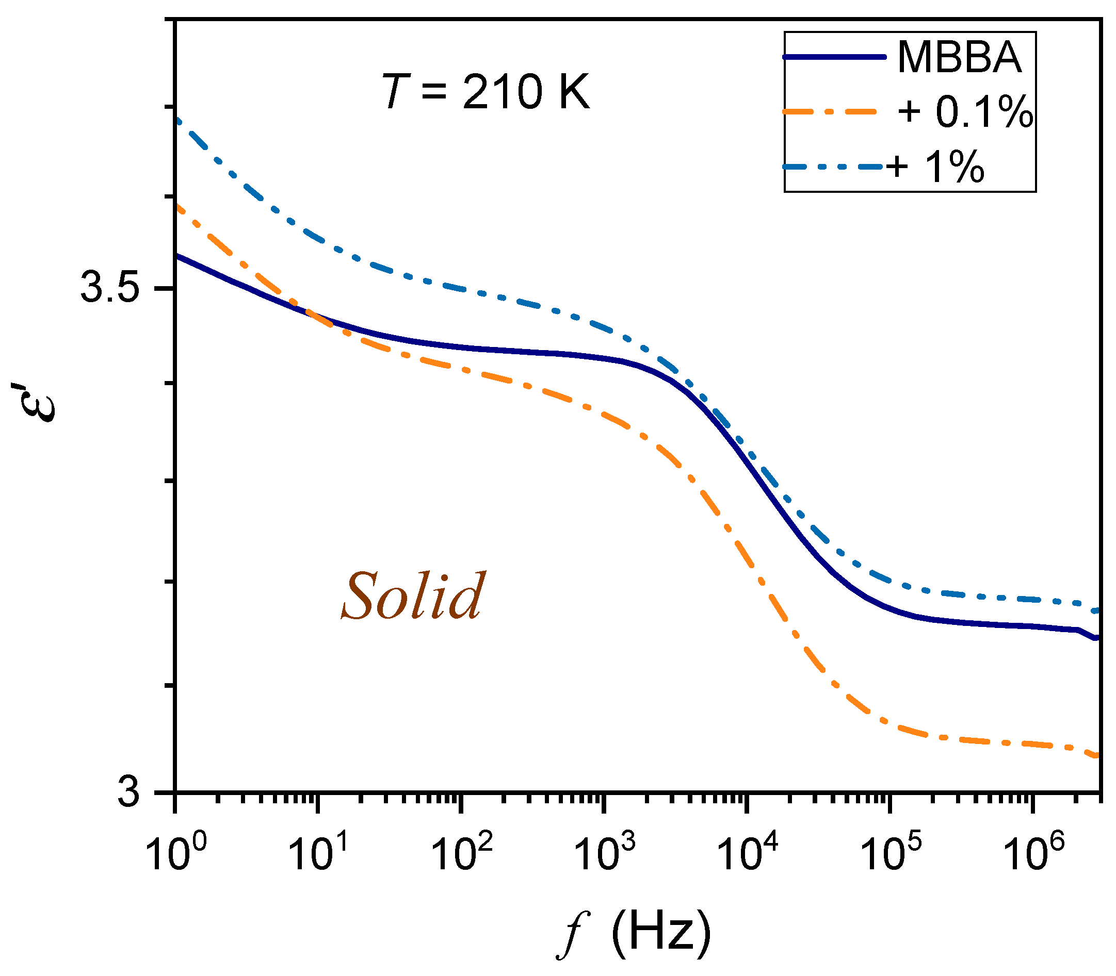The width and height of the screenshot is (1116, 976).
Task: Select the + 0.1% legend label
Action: point(964,112)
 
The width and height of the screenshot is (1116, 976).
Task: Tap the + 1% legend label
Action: point(935,166)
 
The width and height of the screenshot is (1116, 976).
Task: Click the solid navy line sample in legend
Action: point(834,57)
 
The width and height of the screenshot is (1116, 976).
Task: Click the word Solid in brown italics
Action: point(413,598)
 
